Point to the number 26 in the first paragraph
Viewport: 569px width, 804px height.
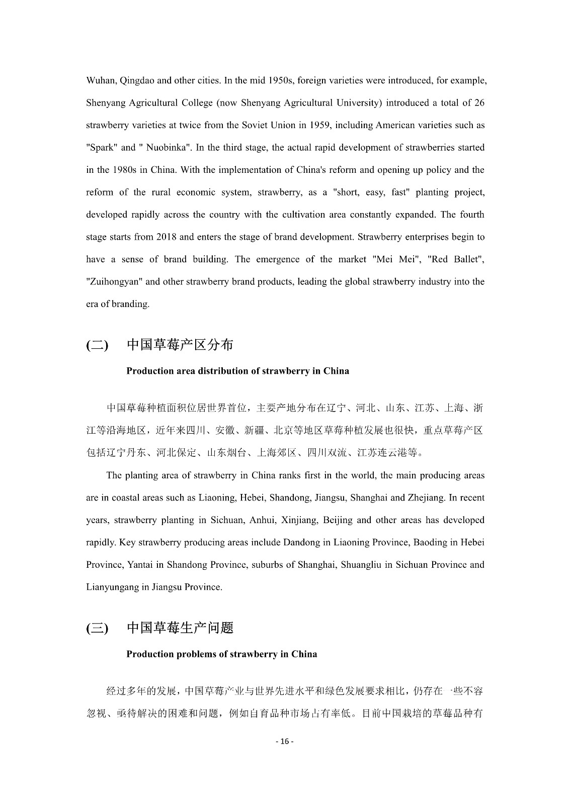click(x=479, y=103)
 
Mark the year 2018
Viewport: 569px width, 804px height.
click(x=167, y=237)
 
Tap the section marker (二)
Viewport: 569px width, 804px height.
click(x=97, y=346)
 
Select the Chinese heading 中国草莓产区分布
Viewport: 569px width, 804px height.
click(x=180, y=345)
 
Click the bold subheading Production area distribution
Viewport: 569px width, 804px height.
click(x=237, y=371)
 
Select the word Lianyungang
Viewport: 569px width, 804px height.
click(x=112, y=587)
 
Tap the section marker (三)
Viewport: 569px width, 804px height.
click(x=97, y=629)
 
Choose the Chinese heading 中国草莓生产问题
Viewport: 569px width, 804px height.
click(x=180, y=628)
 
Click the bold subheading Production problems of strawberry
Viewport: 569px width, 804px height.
click(x=221, y=654)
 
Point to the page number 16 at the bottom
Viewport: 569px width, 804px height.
click(x=285, y=742)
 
